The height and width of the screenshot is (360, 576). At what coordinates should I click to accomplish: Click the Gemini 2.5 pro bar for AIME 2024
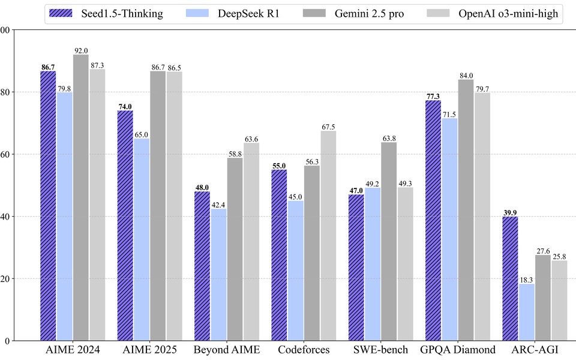[80, 197]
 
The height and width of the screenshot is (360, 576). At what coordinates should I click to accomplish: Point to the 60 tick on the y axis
[6, 154]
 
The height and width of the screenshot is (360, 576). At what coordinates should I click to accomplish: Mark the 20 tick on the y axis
[6, 278]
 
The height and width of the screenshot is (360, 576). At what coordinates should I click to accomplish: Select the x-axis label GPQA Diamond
[458, 350]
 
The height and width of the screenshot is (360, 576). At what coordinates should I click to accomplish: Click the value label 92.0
[80, 50]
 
